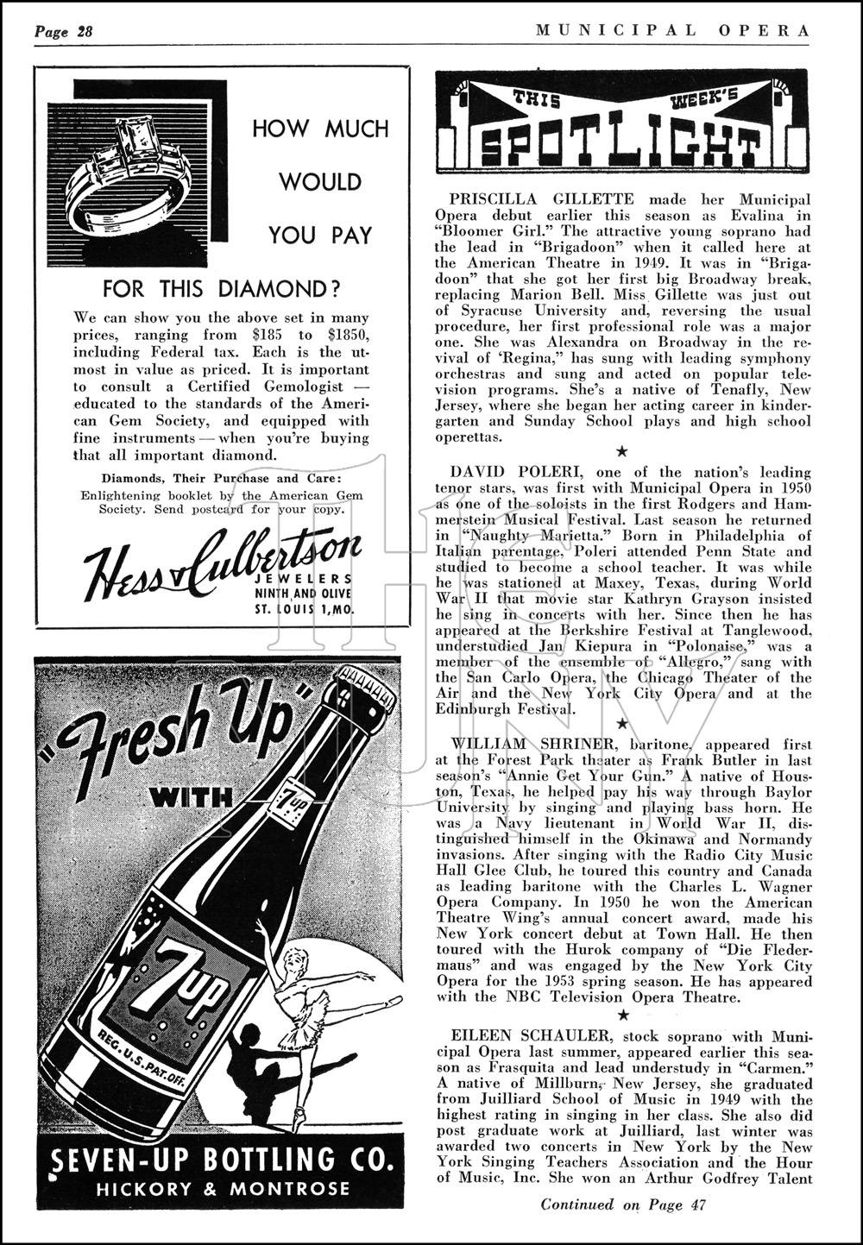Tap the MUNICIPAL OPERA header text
click(672, 30)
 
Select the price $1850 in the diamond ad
click(343, 334)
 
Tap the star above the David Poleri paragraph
click(621, 451)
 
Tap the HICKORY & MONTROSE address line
click(223, 1188)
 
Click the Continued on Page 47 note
click(622, 1204)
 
